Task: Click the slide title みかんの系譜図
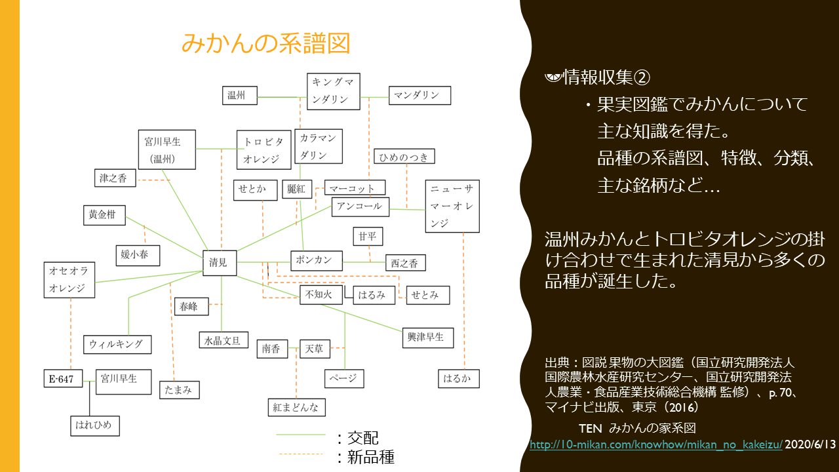265,43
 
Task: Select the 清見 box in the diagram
219,263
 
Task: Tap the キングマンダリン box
334,91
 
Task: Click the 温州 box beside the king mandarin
239,96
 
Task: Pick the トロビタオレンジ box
263,149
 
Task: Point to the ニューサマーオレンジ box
452,206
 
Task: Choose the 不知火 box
320,295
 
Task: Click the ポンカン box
316,260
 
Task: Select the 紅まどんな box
296,407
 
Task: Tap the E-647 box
64,379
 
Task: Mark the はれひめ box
96,425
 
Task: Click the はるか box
458,379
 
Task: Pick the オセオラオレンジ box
69,279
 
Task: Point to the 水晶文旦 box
223,340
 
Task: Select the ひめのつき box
404,157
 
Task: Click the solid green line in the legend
301,435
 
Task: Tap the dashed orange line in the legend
301,454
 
